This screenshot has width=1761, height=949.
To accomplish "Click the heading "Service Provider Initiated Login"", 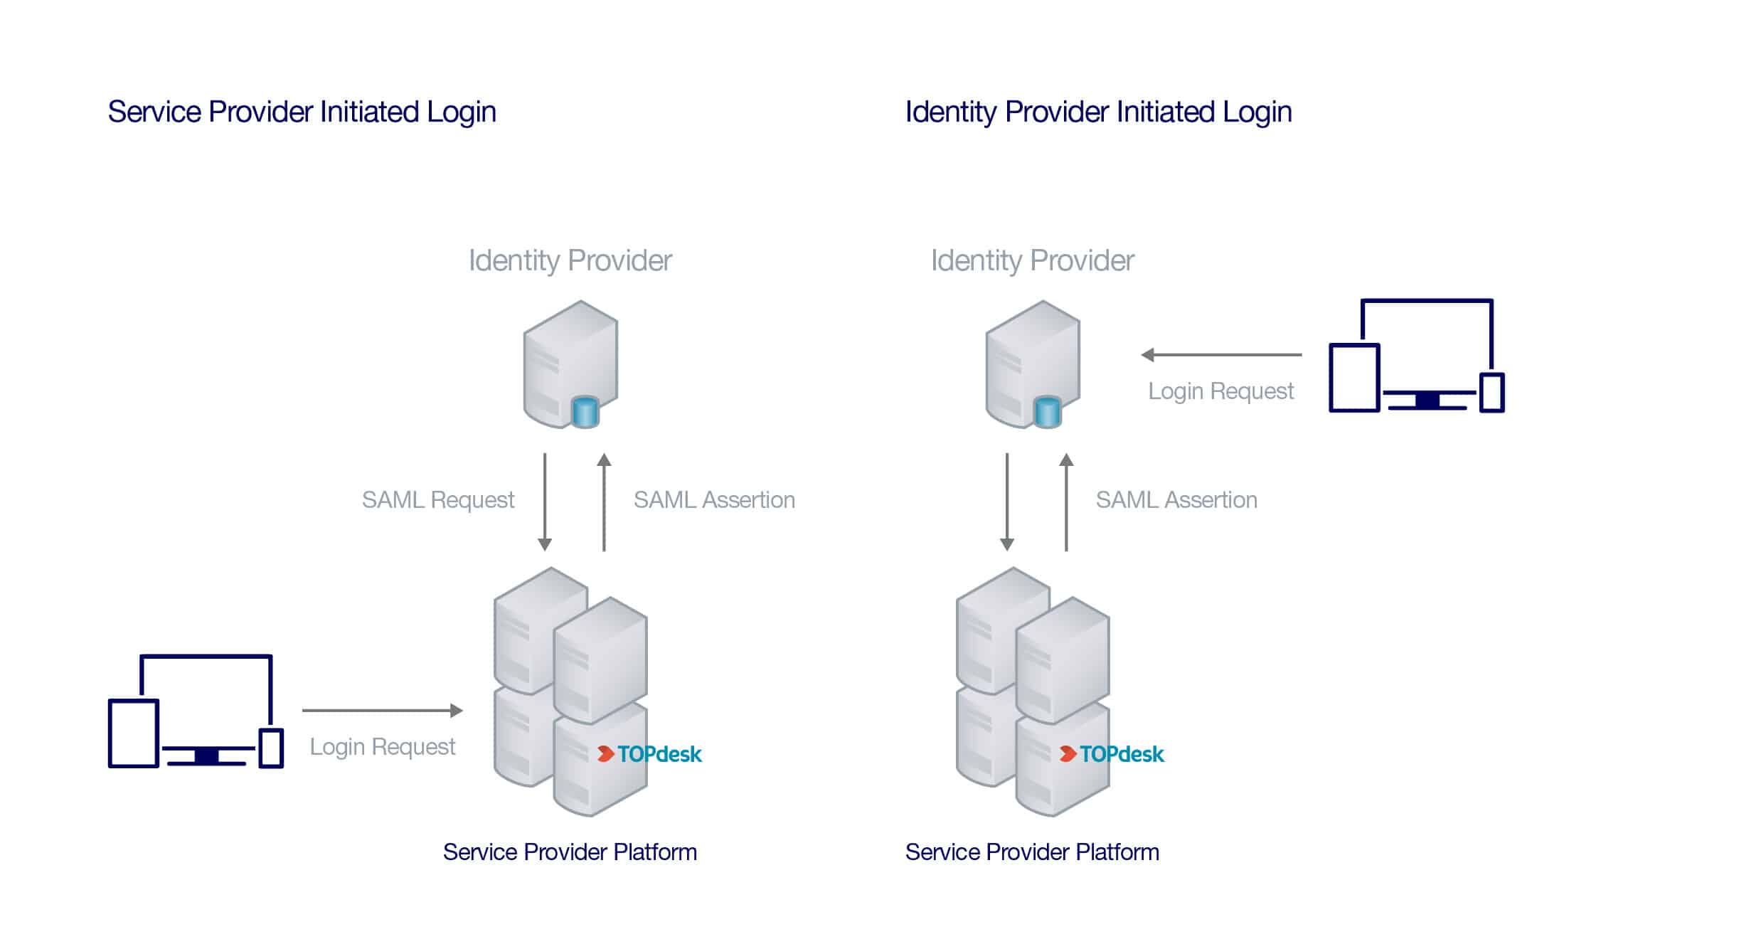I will pyautogui.click(x=302, y=112).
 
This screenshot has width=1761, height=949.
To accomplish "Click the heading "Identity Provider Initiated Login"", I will pyautogui.click(x=1098, y=112).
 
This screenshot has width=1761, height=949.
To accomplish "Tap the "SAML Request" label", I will pyautogui.click(x=437, y=500).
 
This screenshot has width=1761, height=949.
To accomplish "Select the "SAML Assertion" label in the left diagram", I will pyautogui.click(x=714, y=500).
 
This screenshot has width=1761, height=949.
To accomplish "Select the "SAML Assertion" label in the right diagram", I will pyautogui.click(x=1176, y=500).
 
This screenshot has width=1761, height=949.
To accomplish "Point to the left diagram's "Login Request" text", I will pyautogui.click(x=382, y=747).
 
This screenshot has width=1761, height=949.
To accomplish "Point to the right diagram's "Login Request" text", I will pyautogui.click(x=1220, y=391).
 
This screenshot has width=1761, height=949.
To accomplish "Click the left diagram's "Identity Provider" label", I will pyautogui.click(x=570, y=260).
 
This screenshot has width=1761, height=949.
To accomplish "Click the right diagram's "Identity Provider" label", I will pyautogui.click(x=1032, y=260).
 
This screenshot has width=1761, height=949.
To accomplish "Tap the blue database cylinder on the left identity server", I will pyautogui.click(x=585, y=413).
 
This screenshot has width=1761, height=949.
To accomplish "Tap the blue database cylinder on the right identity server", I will pyautogui.click(x=1047, y=413).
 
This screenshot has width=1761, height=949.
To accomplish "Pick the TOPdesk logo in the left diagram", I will pyautogui.click(x=649, y=754).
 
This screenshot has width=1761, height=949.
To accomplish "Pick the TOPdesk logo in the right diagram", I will pyautogui.click(x=1112, y=754).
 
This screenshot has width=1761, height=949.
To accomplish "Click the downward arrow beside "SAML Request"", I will pyautogui.click(x=545, y=502).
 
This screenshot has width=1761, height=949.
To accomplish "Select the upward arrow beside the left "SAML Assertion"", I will pyautogui.click(x=604, y=502).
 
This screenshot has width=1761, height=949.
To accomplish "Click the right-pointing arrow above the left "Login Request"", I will pyautogui.click(x=383, y=710).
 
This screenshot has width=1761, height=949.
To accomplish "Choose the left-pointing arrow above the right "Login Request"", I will pyautogui.click(x=1221, y=354).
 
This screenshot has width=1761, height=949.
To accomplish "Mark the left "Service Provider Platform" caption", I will pyautogui.click(x=570, y=852).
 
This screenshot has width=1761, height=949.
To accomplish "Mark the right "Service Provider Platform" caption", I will pyautogui.click(x=1032, y=852).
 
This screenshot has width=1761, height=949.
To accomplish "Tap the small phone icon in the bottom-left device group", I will pyautogui.click(x=271, y=748).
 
